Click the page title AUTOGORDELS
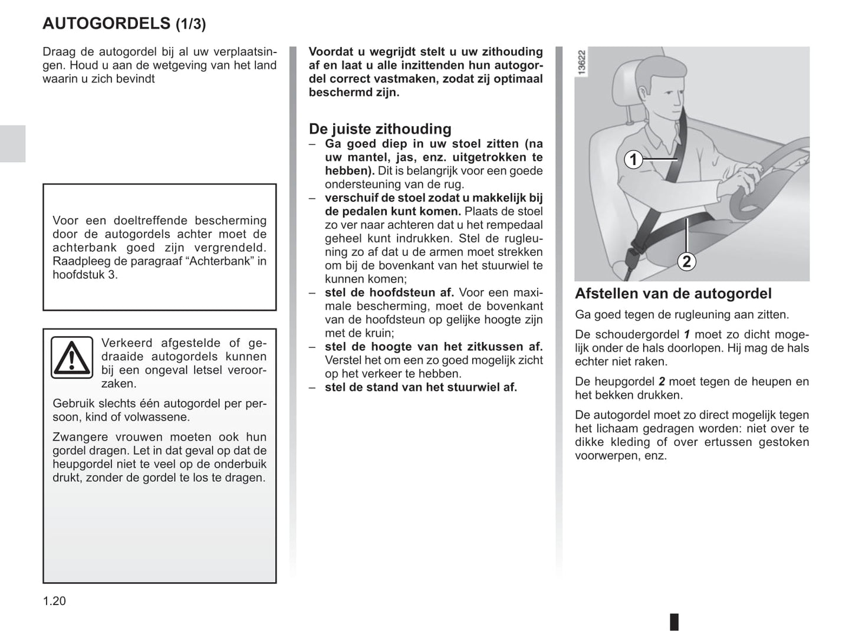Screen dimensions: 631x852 (106, 24)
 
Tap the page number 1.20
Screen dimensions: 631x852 (54, 601)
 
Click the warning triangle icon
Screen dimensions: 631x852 (71, 357)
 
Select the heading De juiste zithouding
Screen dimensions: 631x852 (380, 129)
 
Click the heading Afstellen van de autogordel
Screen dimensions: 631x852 (673, 293)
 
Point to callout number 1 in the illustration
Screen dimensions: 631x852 (633, 159)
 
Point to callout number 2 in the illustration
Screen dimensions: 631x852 (686, 261)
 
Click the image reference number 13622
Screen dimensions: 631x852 (582, 63)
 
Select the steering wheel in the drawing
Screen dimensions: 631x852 (767, 177)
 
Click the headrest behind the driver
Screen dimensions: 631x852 (625, 88)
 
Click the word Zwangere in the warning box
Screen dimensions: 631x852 (80, 437)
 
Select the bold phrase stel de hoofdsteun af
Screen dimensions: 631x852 (389, 293)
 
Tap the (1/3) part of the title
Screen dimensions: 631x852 (190, 24)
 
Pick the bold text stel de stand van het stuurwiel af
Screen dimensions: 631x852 (420, 387)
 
